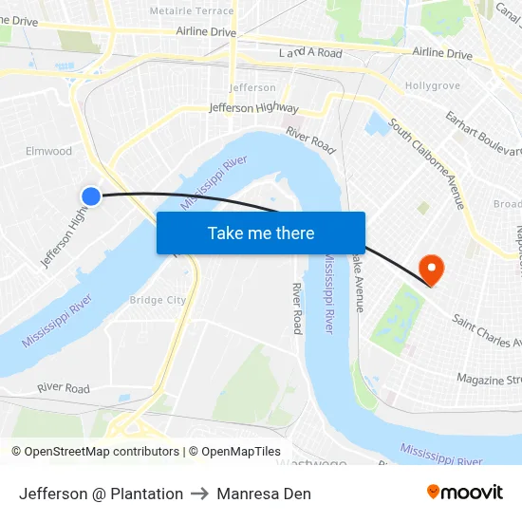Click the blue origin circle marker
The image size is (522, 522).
91,196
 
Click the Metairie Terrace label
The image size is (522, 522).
192,10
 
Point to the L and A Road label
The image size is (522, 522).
310,54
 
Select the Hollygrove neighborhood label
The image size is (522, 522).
432,85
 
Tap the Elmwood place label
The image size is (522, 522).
49,151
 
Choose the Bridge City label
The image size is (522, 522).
158,300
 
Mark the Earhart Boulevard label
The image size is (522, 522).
484,134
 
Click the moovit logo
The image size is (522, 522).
464,493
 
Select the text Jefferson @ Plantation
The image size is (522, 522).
101,494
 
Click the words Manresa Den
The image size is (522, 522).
264,494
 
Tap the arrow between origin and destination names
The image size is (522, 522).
199,494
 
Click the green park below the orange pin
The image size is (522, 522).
397,319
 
